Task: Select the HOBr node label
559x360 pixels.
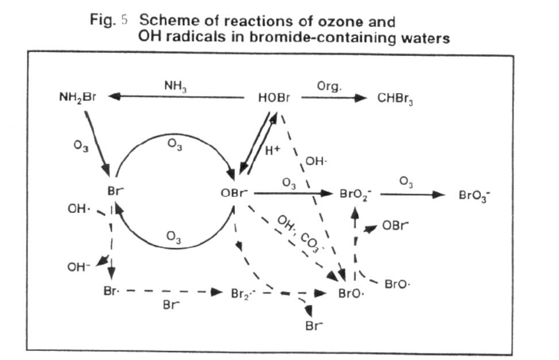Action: [x=273, y=98]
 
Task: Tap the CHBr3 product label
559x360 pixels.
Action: [x=395, y=99]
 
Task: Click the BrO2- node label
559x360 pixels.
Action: [x=356, y=194]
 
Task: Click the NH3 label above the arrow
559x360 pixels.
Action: [x=175, y=86]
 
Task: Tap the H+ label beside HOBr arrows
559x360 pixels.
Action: [x=272, y=152]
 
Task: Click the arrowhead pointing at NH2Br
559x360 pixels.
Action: [x=114, y=98]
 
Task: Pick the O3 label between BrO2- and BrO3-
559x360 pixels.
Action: [x=406, y=182]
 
